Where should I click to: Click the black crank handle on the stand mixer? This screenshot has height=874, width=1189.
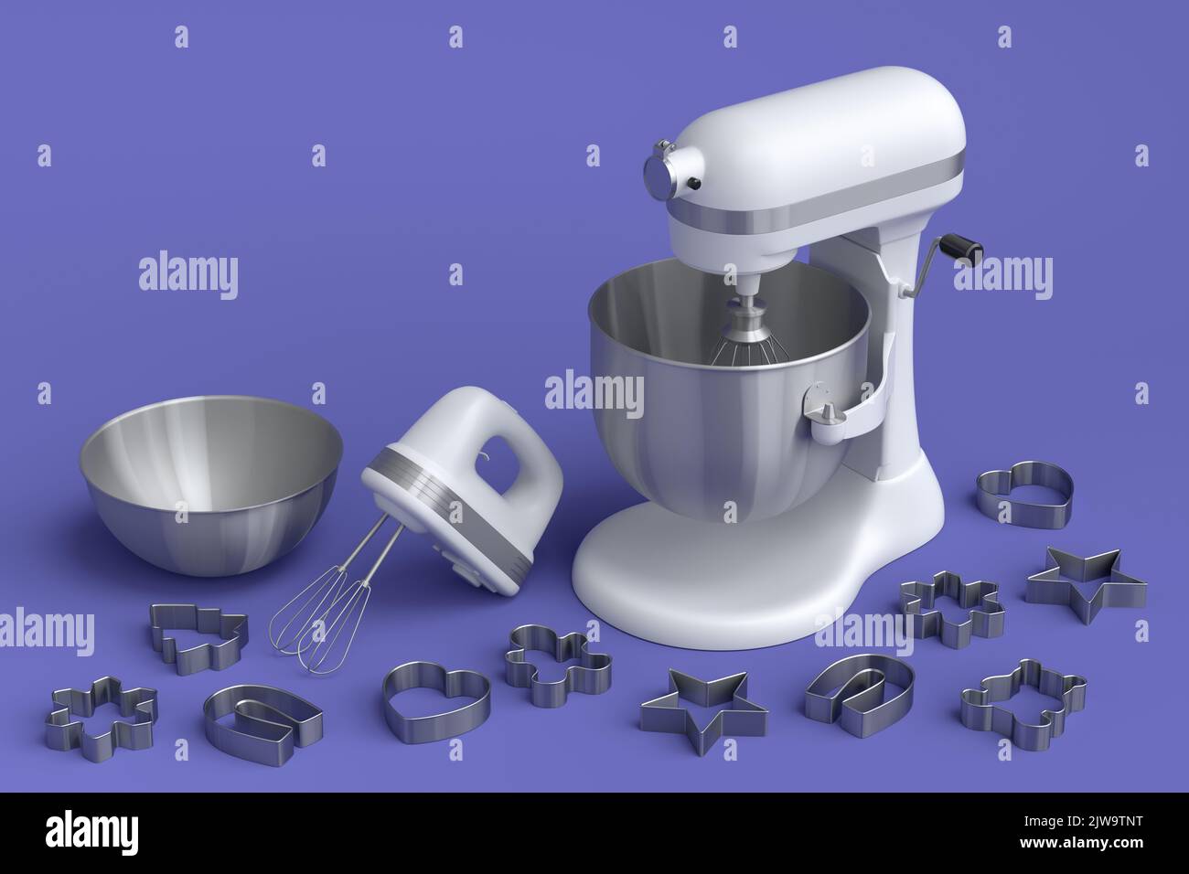coord(961,245)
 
